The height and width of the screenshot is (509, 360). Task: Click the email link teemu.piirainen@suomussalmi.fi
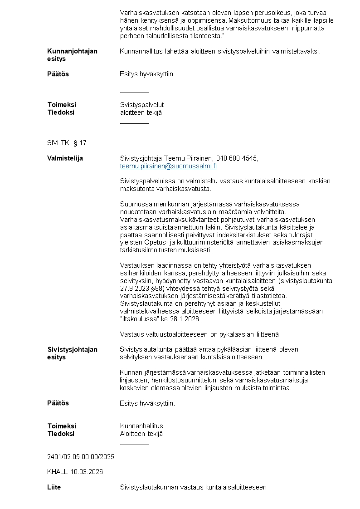168,166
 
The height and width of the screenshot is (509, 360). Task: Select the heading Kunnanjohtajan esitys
72,55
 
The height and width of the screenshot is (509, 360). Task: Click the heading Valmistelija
65,158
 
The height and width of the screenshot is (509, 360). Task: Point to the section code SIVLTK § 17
67,143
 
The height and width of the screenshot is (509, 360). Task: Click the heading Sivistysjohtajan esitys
72,353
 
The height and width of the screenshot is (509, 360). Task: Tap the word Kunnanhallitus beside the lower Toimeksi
141,426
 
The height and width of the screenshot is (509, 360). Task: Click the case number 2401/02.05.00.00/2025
81,457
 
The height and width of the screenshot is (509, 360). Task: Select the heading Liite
54,487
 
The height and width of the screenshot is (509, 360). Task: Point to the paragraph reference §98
157,288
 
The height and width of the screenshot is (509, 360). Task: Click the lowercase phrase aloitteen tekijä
141,113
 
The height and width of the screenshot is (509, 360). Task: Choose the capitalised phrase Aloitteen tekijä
141,434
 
